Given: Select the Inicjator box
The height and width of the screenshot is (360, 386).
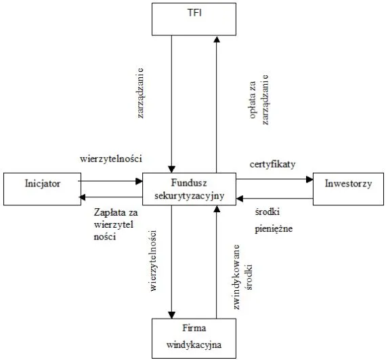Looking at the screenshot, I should (41, 189).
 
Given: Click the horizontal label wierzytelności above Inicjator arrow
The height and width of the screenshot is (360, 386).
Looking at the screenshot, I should (110, 159).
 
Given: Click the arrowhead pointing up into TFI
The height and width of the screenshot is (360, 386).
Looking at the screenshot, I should (216, 39).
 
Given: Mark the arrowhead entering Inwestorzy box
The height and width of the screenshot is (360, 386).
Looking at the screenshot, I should (310, 179).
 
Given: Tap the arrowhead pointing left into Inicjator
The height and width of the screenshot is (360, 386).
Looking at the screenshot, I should (83, 197).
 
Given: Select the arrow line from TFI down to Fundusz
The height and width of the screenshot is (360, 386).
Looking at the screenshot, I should (173, 102).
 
